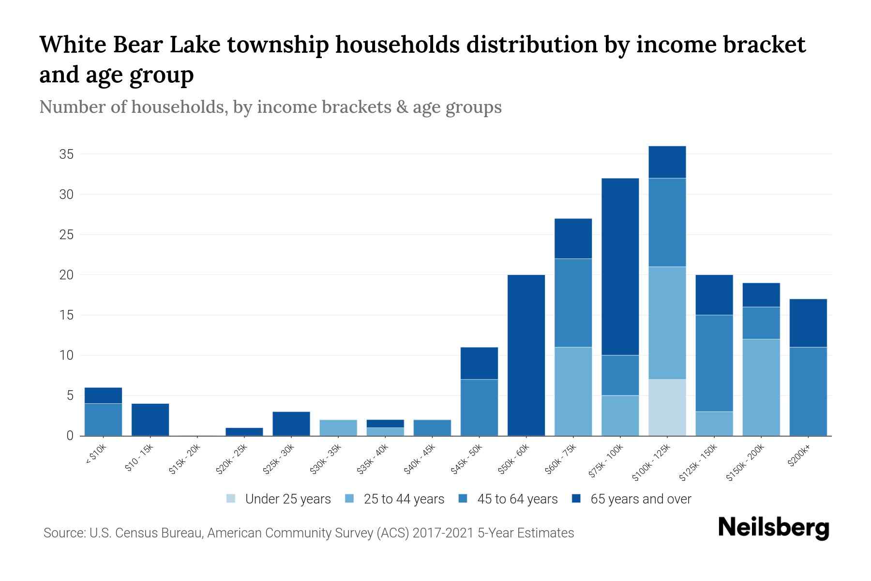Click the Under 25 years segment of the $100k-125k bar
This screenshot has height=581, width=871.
pyautogui.click(x=667, y=407)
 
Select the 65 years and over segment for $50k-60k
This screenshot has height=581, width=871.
pyautogui.click(x=526, y=355)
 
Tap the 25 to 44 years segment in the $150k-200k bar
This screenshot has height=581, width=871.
pyautogui.click(x=761, y=387)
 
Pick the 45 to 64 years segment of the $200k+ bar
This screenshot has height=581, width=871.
pyautogui.click(x=808, y=391)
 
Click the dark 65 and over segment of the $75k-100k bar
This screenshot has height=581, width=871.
pyautogui.click(x=620, y=266)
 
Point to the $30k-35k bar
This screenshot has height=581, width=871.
pyautogui.click(x=338, y=428)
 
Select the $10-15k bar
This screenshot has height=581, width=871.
pyautogui.click(x=150, y=419)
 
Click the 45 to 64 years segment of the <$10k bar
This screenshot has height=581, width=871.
pyautogui.click(x=103, y=419)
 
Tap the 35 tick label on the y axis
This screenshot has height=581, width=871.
pyautogui.click(x=66, y=154)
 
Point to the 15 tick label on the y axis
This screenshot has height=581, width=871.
pyautogui.click(x=66, y=315)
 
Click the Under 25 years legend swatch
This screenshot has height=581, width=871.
pyautogui.click(x=231, y=499)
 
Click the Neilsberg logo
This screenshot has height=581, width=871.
pyautogui.click(x=773, y=528)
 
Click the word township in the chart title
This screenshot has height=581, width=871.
pyautogui.click(x=279, y=45)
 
